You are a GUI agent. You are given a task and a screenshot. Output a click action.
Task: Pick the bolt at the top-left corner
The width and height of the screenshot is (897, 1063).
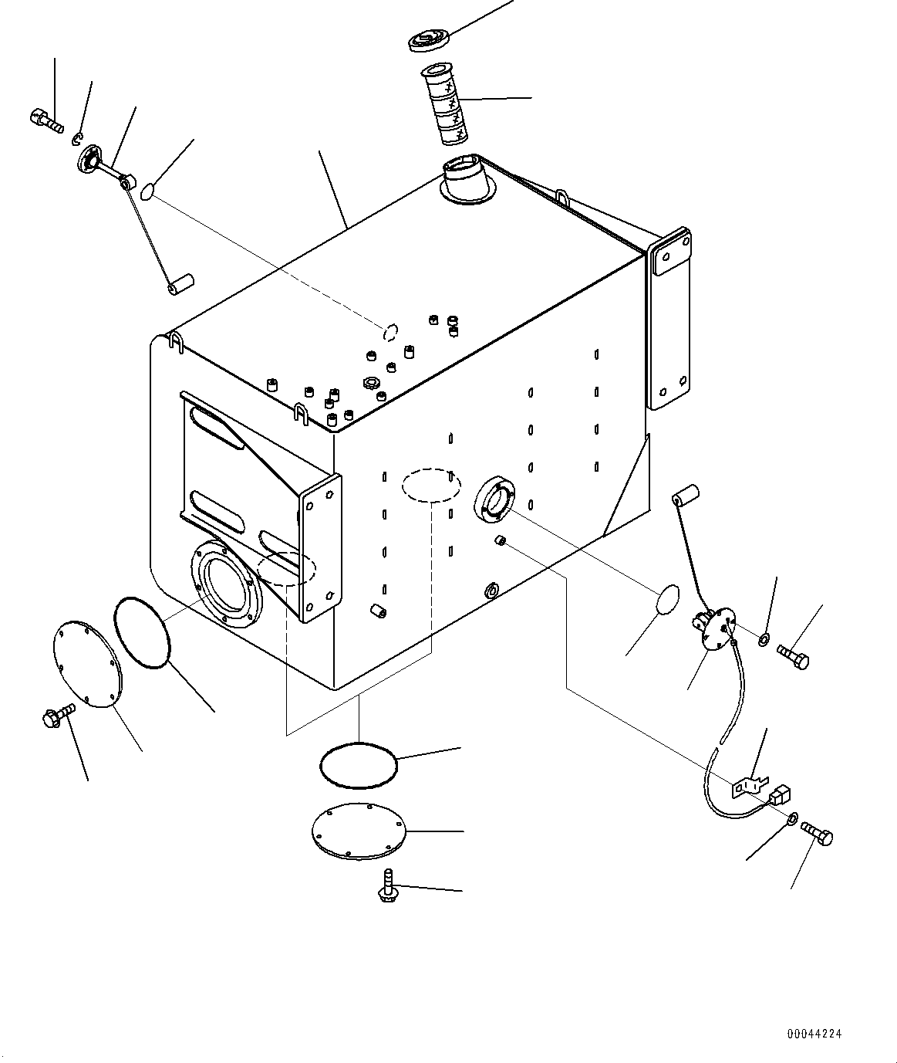[46, 120]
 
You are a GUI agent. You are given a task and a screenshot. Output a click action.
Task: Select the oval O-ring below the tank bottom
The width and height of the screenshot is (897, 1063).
[358, 765]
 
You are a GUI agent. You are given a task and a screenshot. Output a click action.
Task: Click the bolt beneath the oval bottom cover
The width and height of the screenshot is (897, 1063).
[386, 886]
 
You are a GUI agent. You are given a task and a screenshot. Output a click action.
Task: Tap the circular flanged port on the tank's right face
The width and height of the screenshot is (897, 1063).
[494, 500]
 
